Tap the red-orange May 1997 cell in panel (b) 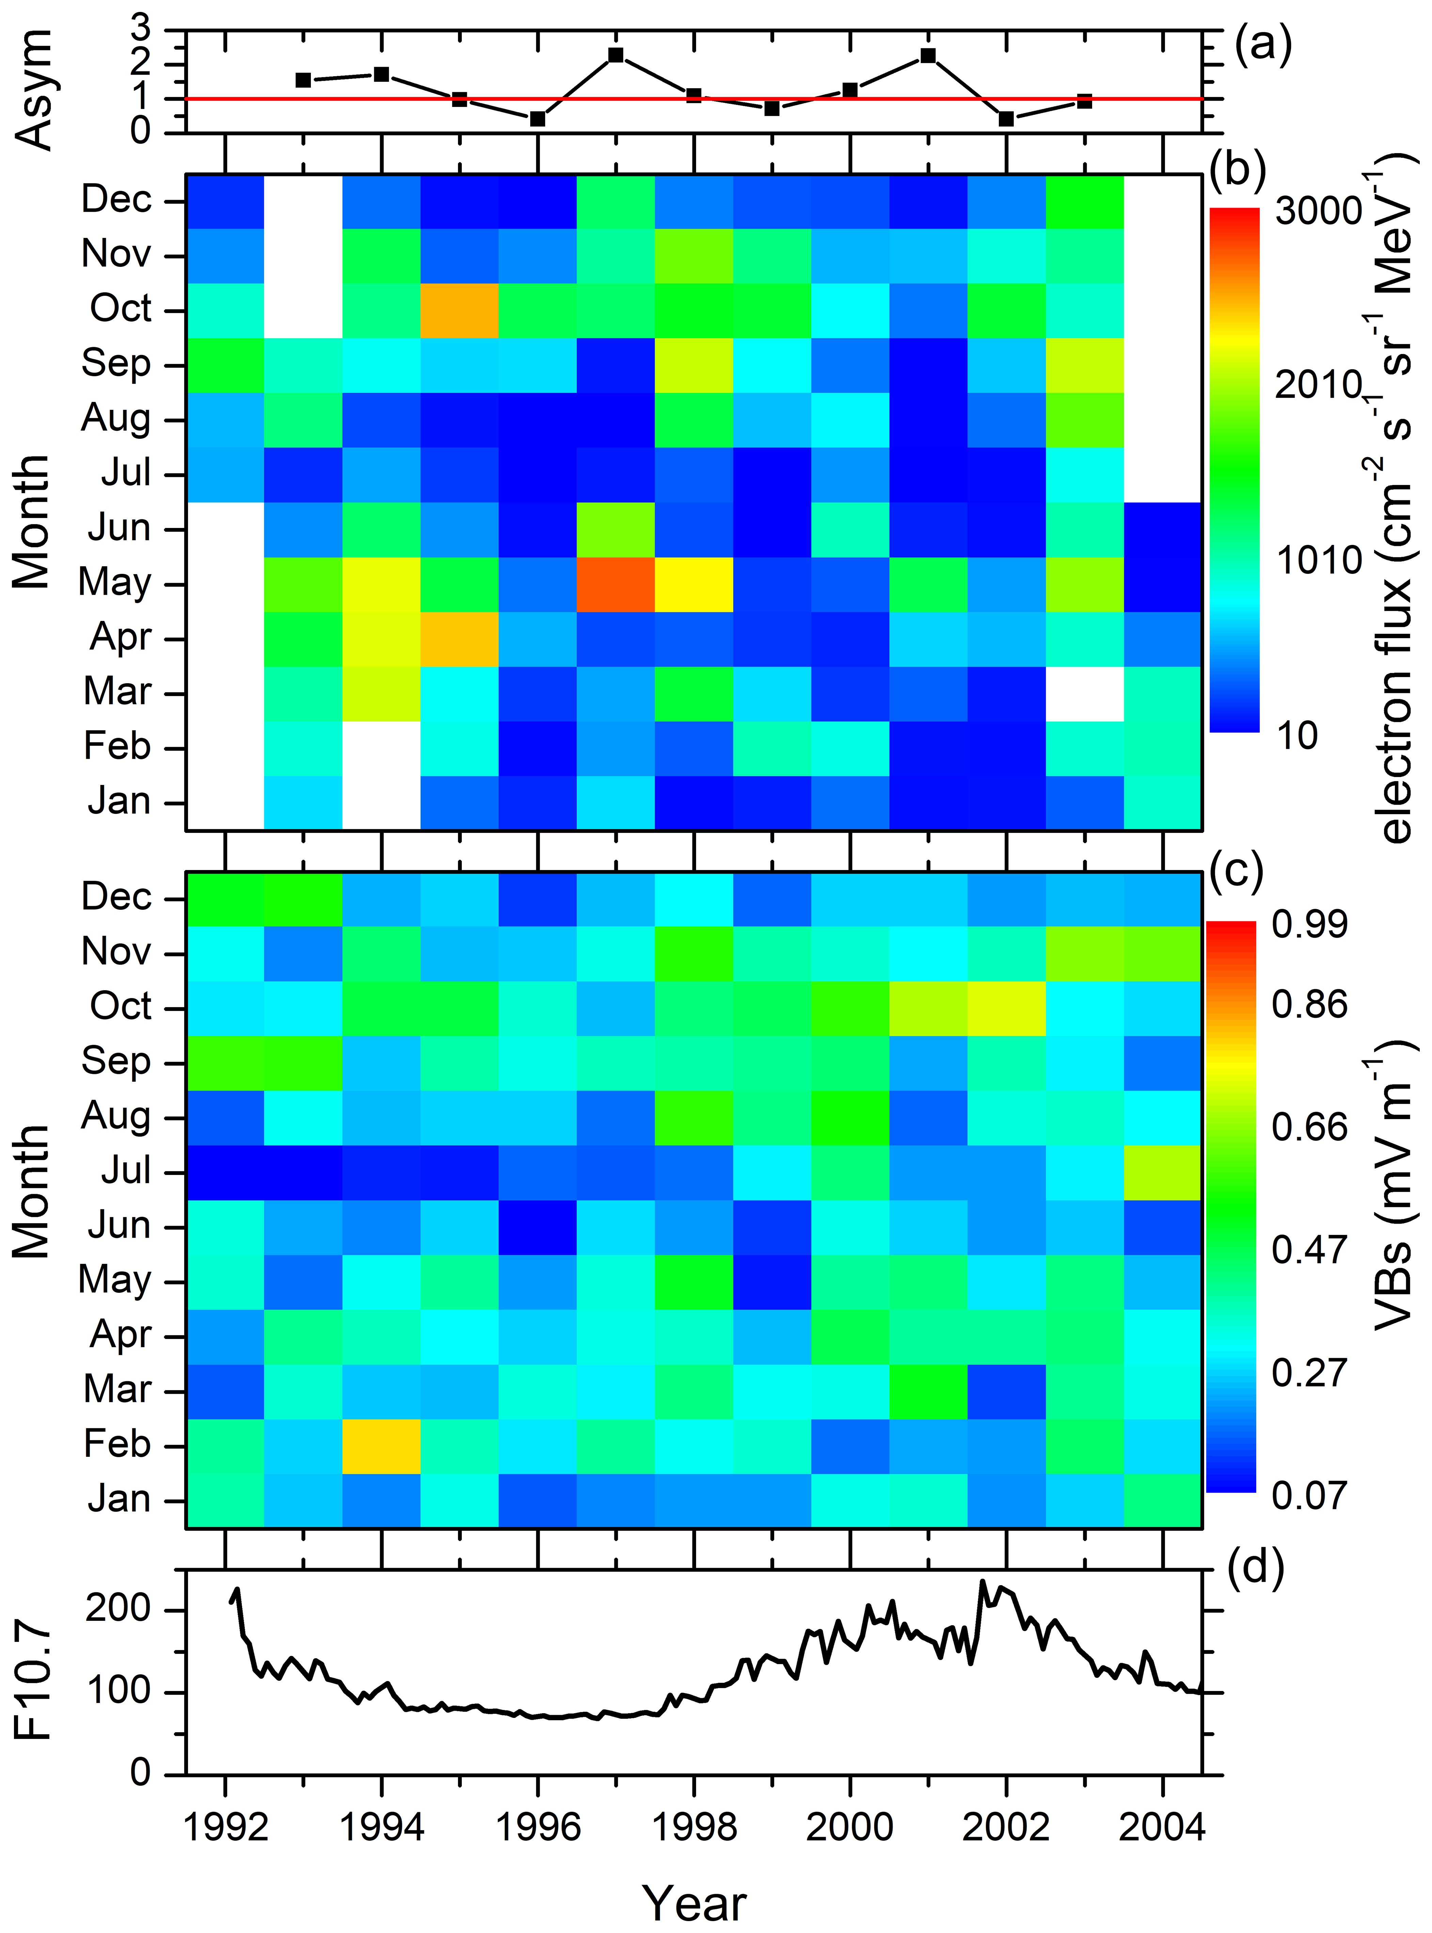pos(615,584)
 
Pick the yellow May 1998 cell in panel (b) pos(693,584)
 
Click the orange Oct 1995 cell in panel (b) pos(459,310)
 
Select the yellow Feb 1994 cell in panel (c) pos(381,1446)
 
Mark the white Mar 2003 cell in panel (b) pos(1084,693)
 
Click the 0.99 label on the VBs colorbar pos(1309,924)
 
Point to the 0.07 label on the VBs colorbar pos(1309,1496)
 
